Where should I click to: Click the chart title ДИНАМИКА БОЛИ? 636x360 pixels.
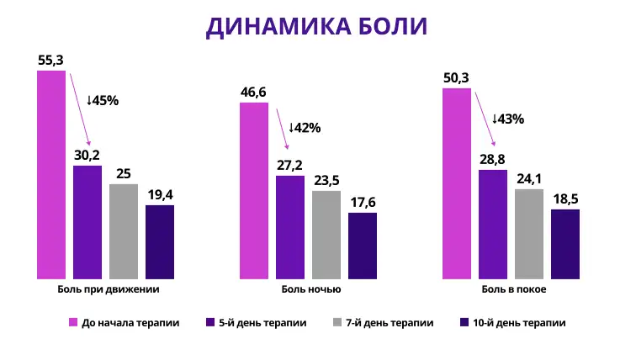317,25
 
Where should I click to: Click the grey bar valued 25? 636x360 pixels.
123,230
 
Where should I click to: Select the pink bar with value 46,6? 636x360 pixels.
254,190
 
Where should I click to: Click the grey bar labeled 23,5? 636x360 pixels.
326,234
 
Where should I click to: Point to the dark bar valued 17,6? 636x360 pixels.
363,245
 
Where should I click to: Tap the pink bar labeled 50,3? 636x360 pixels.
457,183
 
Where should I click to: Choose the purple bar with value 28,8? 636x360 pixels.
493,224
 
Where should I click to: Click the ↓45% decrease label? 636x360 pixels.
103,100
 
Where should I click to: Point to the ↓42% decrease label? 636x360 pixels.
305,128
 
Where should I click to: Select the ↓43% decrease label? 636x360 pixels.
507,119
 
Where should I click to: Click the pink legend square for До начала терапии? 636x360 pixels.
72,322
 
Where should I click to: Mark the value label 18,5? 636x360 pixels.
565,199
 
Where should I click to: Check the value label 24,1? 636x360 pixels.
529,178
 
